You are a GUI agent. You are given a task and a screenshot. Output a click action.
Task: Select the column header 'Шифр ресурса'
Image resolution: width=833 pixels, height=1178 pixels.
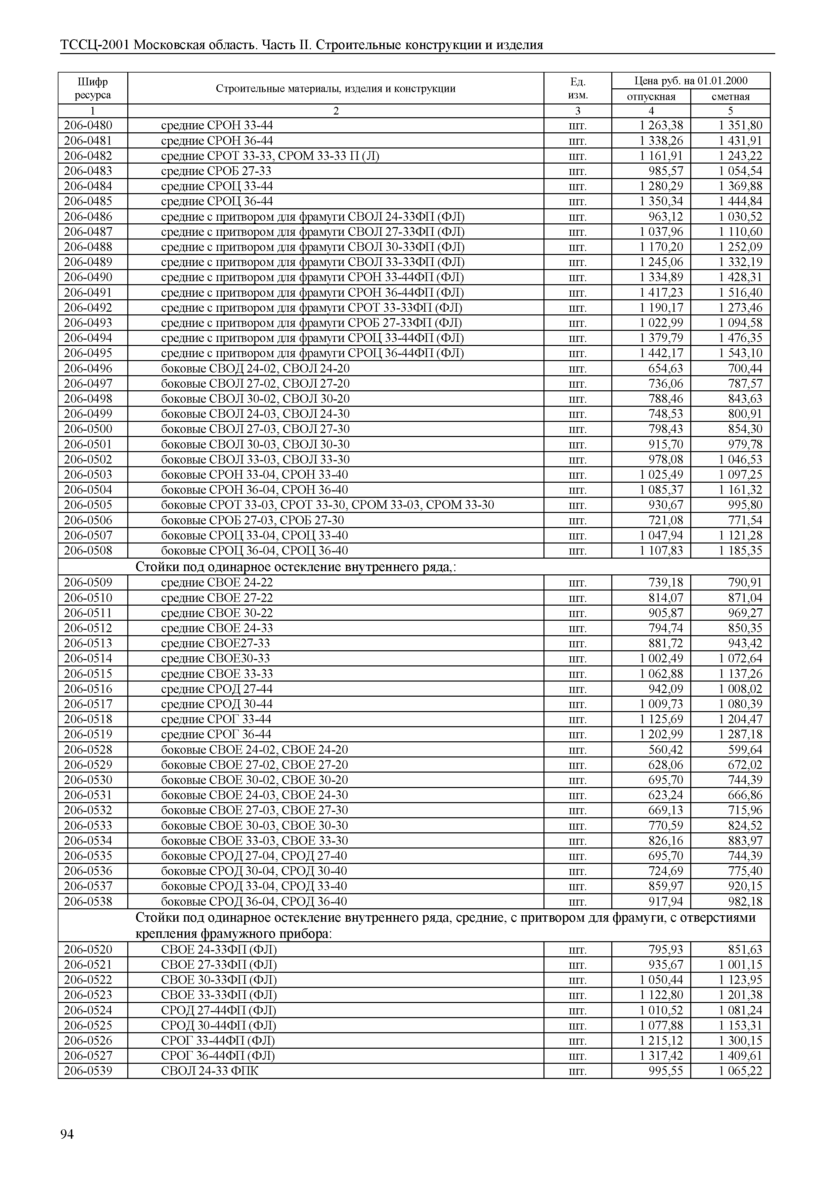coord(93,88)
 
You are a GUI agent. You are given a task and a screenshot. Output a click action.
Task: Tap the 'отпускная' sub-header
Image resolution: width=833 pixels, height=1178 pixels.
coord(651,96)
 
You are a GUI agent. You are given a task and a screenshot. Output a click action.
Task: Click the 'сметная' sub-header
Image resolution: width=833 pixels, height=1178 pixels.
coord(731,96)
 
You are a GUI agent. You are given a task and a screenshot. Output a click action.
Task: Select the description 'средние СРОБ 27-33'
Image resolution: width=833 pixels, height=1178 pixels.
coord(216,171)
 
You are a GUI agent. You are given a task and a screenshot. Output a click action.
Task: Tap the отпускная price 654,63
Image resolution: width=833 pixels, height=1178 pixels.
coord(666,368)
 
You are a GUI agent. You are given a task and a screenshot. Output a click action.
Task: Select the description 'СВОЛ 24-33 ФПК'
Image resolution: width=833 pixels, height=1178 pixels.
coord(210,1071)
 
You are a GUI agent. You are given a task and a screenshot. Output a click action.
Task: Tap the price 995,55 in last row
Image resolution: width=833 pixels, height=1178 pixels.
coord(666,1071)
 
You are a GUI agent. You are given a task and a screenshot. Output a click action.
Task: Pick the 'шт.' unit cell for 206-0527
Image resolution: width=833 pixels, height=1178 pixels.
coord(578,1056)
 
